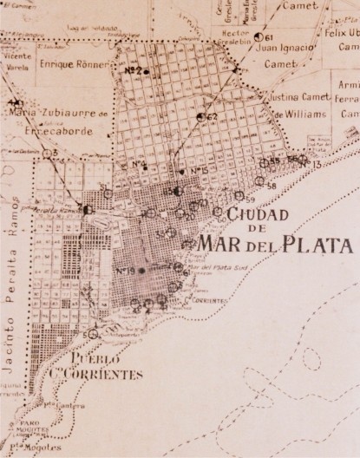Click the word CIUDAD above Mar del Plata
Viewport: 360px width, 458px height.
pyautogui.click(x=258, y=213)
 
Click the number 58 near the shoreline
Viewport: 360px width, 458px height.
pyautogui.click(x=272, y=186)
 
